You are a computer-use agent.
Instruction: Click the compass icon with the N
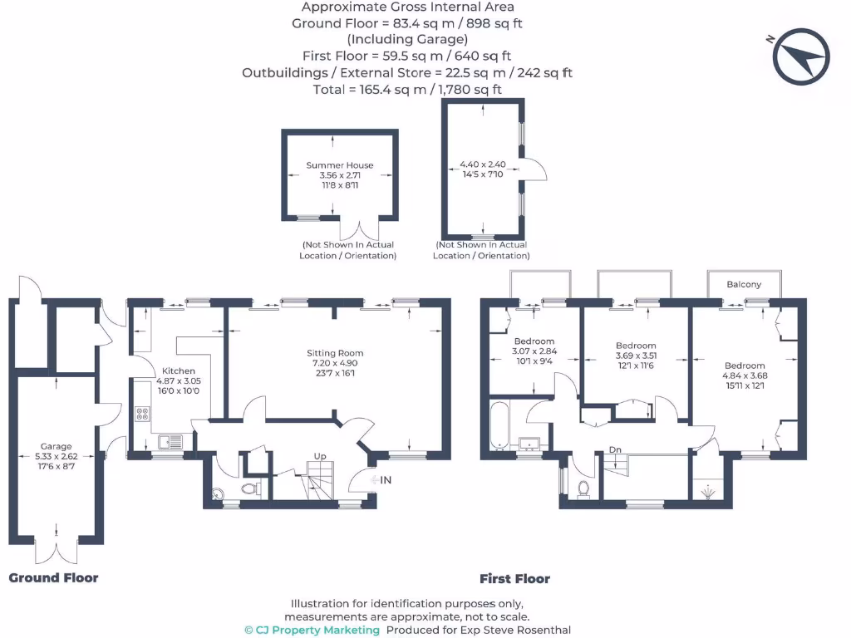point(801,56)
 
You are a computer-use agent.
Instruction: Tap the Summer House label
point(340,165)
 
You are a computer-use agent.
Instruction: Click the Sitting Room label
point(335,353)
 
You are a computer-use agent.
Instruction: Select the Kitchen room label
point(179,371)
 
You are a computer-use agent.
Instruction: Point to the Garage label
point(57,446)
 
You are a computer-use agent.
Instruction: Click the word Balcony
point(743,284)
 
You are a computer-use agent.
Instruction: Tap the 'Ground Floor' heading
point(53,578)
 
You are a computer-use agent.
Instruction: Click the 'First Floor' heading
point(514,579)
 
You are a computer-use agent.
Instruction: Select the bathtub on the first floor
point(499,426)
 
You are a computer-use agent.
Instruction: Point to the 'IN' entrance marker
point(385,480)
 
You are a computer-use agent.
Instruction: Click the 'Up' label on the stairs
point(319,456)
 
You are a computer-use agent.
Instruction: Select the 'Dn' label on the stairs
point(615,449)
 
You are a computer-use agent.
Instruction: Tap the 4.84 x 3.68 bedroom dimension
point(744,375)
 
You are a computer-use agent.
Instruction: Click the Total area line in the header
point(407,89)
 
